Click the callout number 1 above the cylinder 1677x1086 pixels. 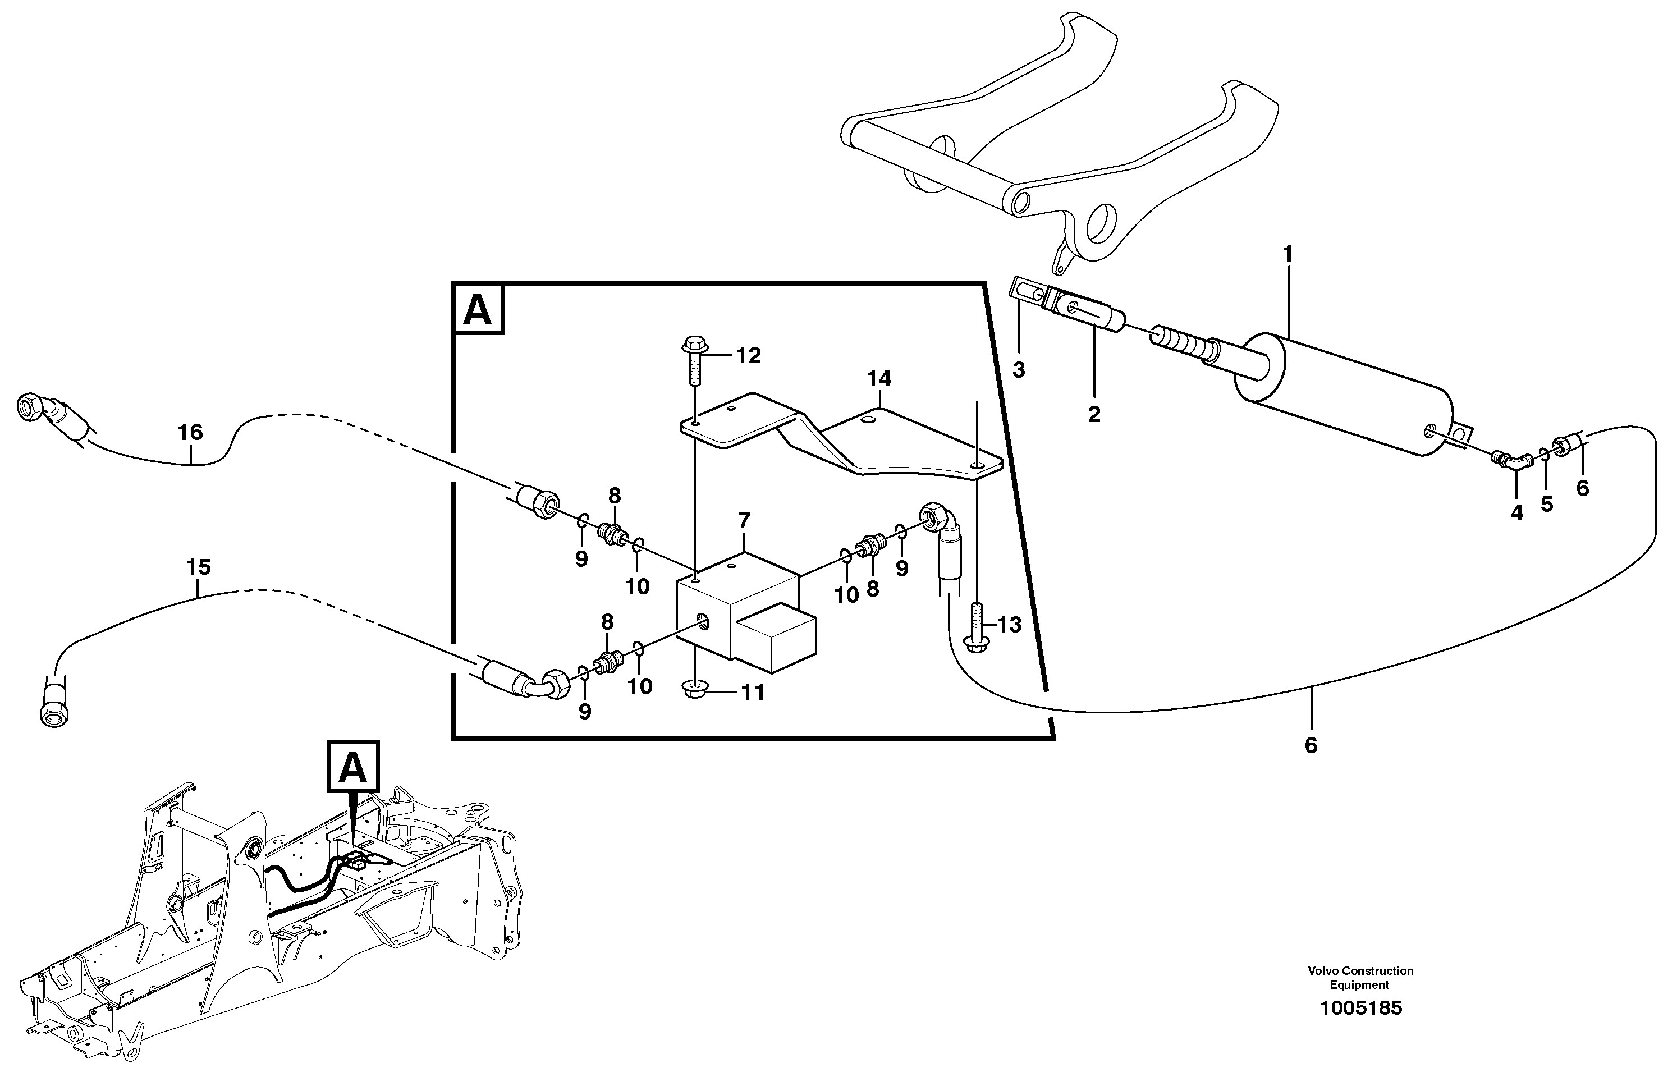(x=1287, y=254)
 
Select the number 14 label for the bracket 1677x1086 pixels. (x=879, y=379)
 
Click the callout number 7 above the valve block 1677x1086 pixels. (x=744, y=521)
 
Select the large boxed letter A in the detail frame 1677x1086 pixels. (x=478, y=309)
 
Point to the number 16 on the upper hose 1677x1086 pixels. (x=190, y=432)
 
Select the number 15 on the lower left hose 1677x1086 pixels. (x=199, y=567)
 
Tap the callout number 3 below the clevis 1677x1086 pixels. (x=1018, y=369)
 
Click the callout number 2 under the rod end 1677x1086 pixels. (x=1093, y=414)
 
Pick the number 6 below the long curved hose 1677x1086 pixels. (x=1311, y=745)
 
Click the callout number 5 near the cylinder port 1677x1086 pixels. (x=1547, y=504)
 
